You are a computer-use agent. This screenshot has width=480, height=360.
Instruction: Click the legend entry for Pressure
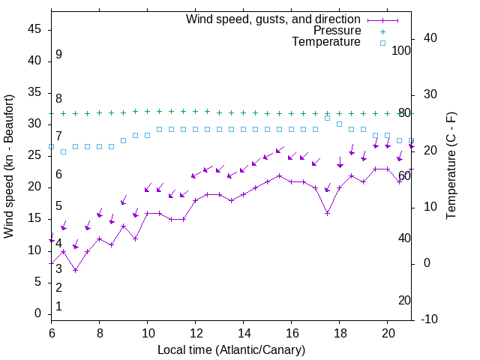tap(337, 31)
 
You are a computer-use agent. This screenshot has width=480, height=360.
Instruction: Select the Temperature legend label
tap(326, 43)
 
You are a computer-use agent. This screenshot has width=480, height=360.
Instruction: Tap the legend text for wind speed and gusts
tap(274, 19)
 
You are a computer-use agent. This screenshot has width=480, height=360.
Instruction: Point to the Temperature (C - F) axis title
tap(451, 166)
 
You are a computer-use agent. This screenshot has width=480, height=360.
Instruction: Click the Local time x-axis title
tap(231, 350)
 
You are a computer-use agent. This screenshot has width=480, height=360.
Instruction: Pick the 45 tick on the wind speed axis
tap(34, 30)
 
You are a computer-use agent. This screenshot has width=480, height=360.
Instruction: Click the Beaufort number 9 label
tap(58, 55)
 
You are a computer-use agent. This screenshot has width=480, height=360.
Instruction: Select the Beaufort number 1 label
tap(58, 307)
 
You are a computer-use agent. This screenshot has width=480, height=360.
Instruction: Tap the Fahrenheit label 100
tap(402, 50)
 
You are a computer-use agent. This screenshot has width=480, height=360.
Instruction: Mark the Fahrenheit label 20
tap(405, 301)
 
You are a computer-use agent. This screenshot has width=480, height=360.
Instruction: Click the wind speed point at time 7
tap(75, 270)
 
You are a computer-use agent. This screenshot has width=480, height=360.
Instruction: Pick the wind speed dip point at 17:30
tap(327, 213)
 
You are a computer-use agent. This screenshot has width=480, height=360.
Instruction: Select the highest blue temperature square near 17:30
tap(327, 118)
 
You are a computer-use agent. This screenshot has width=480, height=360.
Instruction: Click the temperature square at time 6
tap(51, 146)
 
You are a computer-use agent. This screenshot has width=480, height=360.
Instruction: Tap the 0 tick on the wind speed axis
tap(37, 313)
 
